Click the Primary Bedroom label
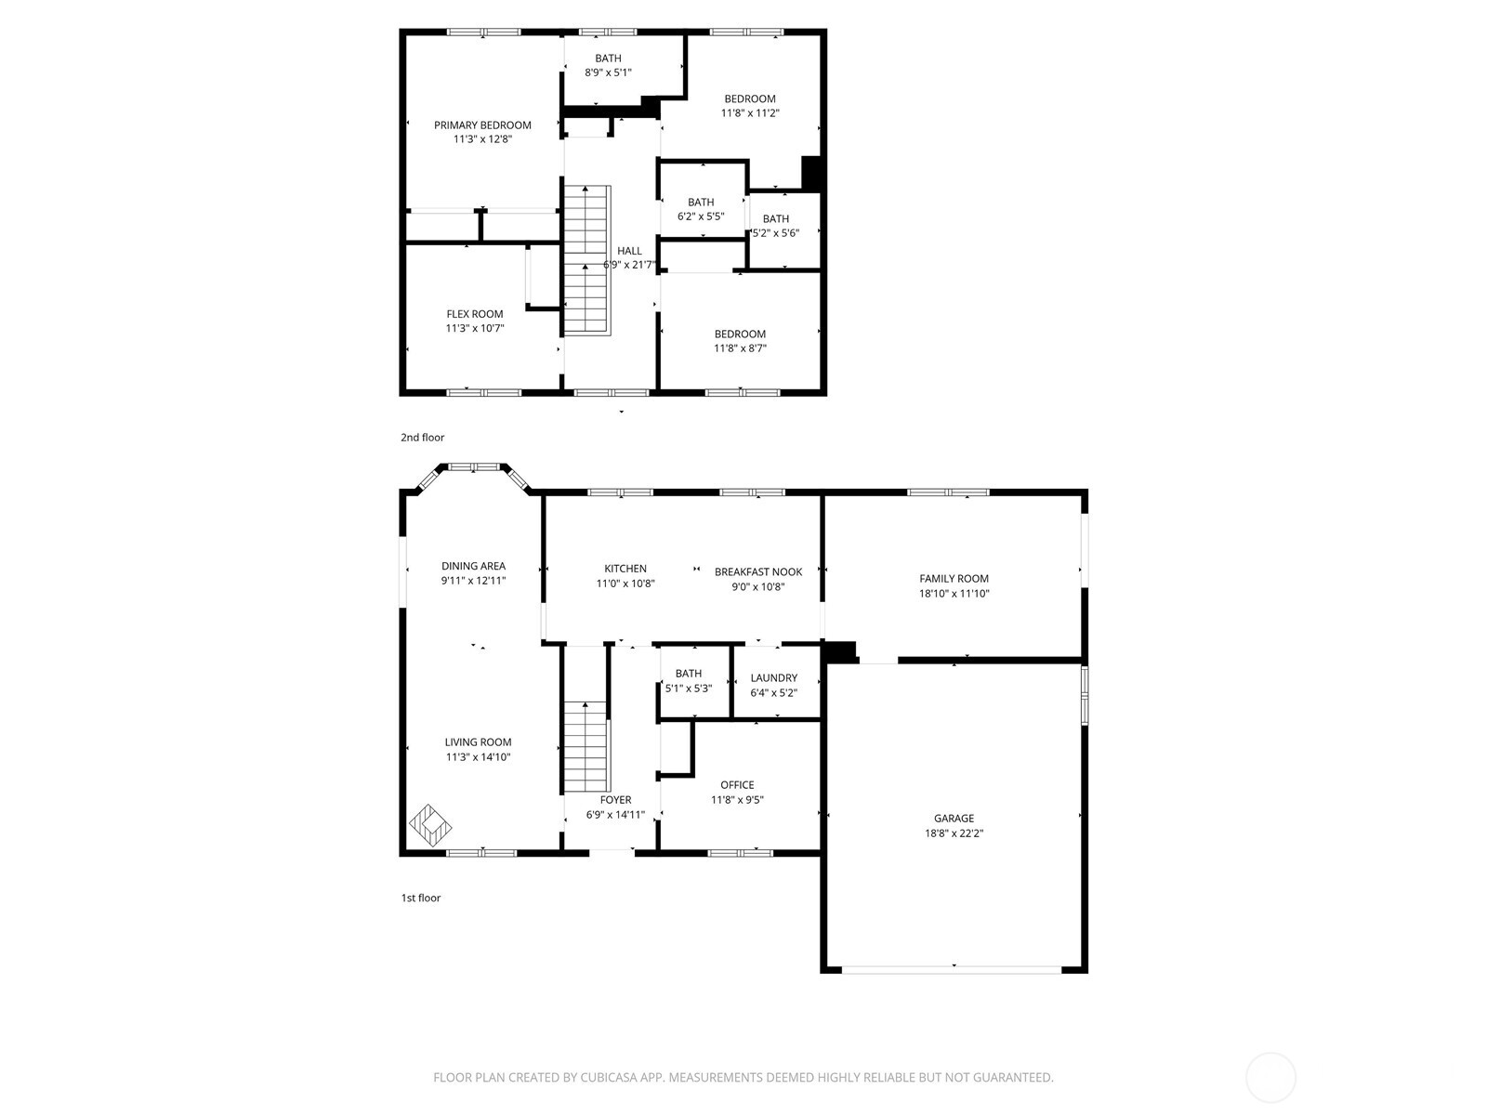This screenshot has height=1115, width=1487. click(482, 125)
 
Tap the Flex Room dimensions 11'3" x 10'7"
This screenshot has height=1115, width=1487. click(474, 328)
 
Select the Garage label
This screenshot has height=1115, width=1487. click(954, 819)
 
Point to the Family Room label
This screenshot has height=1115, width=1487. click(954, 579)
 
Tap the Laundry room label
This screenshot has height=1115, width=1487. click(773, 678)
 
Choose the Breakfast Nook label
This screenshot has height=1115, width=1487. click(758, 572)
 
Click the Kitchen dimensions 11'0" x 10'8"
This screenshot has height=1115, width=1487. click(625, 584)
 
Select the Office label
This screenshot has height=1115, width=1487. click(737, 785)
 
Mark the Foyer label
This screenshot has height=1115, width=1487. click(615, 800)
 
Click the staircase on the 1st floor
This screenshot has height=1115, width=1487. click(586, 746)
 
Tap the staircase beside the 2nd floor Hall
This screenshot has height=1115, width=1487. click(587, 260)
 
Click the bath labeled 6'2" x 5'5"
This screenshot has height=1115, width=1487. click(701, 209)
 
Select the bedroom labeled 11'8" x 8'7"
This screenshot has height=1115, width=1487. click(740, 341)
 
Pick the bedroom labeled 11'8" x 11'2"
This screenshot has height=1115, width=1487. click(750, 106)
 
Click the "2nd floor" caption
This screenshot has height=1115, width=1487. click(423, 438)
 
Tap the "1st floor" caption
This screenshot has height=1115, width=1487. click(421, 899)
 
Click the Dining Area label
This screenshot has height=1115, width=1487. click(473, 566)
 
